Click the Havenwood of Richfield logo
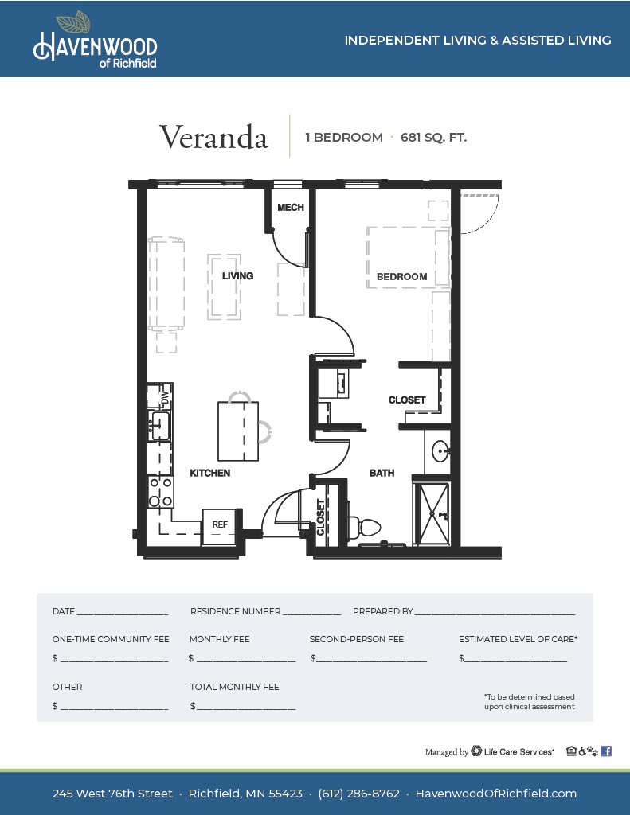(96, 40)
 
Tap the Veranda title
(213, 137)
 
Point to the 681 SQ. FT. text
(433, 138)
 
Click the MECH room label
(290, 208)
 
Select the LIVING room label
(238, 276)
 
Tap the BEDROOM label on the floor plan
(401, 277)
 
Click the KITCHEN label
(209, 473)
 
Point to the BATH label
(382, 473)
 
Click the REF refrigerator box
(220, 527)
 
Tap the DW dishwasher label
(166, 399)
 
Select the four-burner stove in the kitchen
(160, 492)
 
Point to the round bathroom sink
(441, 451)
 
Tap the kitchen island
(238, 431)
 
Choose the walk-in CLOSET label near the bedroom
(407, 400)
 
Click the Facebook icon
(606, 751)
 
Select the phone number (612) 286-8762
(359, 794)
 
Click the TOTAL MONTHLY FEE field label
(234, 687)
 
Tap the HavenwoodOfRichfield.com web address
(495, 794)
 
